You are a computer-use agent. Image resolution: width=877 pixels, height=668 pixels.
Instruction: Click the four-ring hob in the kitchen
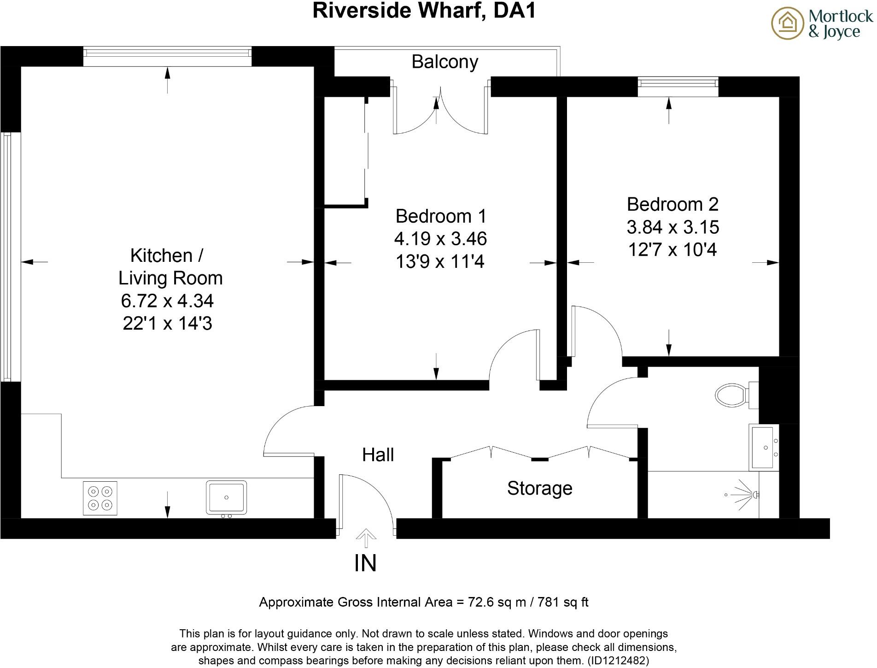[x=100, y=498]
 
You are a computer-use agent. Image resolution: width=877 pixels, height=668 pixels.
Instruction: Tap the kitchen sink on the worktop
[x=226, y=497]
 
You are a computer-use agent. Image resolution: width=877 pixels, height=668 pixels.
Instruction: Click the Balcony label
[x=444, y=62]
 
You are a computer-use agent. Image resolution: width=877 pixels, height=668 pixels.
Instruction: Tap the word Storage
[x=539, y=488]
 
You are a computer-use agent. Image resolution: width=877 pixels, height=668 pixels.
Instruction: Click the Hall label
[x=378, y=455]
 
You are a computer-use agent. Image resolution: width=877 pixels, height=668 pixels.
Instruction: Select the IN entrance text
[x=365, y=563]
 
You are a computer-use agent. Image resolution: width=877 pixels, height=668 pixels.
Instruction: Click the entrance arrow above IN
[x=366, y=537]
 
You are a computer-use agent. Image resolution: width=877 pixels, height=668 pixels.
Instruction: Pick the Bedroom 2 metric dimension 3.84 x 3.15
[x=672, y=227]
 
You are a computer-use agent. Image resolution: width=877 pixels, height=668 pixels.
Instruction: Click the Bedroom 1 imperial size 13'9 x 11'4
[x=440, y=262]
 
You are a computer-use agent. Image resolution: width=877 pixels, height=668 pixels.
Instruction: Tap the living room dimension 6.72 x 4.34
[x=167, y=301]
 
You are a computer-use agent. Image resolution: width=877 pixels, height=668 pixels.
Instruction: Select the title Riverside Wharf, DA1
[x=424, y=10]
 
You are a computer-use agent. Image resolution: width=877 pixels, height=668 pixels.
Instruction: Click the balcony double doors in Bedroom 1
[x=440, y=111]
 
